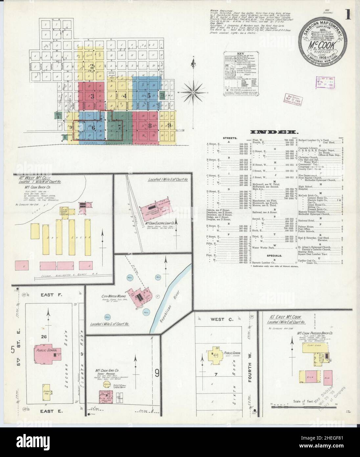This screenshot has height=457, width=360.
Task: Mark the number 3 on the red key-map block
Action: pyautogui.click(x=92, y=96)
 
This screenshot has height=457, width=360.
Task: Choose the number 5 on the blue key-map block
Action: pyautogui.click(x=149, y=96)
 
